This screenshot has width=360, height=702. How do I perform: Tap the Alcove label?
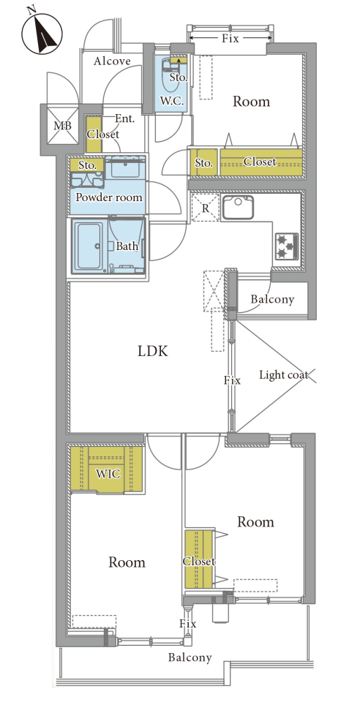click(x=112, y=61)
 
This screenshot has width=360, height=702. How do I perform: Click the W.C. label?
click(x=171, y=101)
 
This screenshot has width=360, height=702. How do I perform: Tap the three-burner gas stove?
click(x=285, y=246)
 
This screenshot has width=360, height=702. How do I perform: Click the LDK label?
click(x=152, y=351)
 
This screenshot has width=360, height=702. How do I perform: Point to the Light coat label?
click(x=284, y=374)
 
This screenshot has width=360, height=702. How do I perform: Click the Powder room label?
click(x=109, y=197)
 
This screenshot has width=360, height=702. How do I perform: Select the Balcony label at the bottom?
click(x=190, y=657)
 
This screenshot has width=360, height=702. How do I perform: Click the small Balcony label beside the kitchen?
click(x=272, y=299)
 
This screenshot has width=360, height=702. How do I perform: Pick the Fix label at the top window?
click(x=230, y=39)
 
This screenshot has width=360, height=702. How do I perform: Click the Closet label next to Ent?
click(x=103, y=134)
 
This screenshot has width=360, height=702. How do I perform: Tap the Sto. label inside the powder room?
click(x=87, y=165)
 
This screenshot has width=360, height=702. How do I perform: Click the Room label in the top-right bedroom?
click(x=251, y=102)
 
